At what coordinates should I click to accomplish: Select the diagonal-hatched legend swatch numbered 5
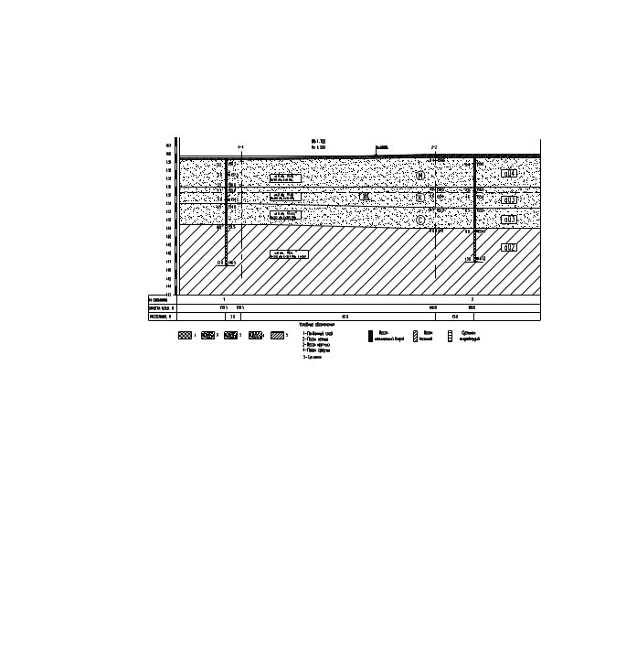tap(278, 336)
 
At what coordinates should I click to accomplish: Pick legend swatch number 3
tap(231, 336)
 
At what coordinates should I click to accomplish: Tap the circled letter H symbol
tap(419, 175)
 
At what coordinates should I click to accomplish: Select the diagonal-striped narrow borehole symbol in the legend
tap(415, 337)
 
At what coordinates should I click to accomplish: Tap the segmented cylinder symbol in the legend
tap(450, 337)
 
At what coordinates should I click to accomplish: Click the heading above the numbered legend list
tap(317, 324)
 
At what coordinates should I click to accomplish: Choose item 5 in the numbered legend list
tap(313, 356)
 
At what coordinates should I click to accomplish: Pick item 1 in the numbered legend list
tap(318, 333)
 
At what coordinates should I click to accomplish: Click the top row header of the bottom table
tap(161, 299)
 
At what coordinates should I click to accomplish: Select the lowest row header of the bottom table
tap(161, 317)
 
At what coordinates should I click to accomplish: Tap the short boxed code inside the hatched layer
tap(509, 248)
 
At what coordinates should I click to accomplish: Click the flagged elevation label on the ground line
tap(382, 148)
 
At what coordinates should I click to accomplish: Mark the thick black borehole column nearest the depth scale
tap(226, 210)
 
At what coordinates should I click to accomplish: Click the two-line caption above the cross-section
tap(318, 144)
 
